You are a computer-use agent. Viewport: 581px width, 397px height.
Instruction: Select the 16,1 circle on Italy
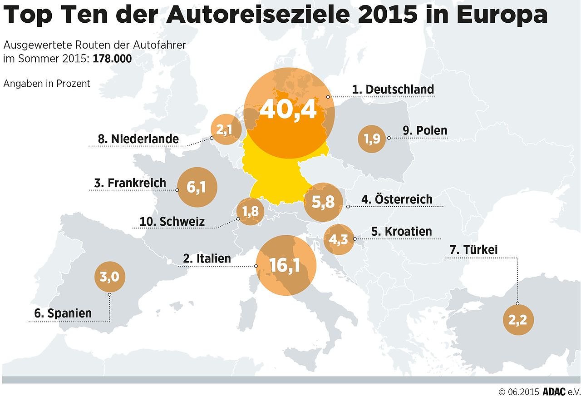coord(286,266)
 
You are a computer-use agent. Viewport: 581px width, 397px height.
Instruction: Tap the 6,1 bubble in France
coord(197,187)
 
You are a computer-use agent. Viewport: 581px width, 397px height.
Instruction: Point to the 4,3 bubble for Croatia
coord(339,239)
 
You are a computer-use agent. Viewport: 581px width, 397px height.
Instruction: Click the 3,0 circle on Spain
coord(109,276)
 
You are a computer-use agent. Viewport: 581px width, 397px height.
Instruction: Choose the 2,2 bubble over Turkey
coord(518,320)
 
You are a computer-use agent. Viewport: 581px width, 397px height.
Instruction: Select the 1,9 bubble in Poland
coord(372,139)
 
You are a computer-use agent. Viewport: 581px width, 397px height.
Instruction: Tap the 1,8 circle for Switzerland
coord(250,211)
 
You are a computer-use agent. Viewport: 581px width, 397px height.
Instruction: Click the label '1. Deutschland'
coord(393,89)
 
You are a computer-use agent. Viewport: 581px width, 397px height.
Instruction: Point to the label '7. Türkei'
coord(480,250)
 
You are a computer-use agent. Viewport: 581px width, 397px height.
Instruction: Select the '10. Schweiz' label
coord(172,222)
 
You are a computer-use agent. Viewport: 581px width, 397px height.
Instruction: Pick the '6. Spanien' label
coord(63,313)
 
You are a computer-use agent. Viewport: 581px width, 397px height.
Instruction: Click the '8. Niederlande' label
coord(138,139)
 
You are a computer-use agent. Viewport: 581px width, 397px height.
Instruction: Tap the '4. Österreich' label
coord(397,199)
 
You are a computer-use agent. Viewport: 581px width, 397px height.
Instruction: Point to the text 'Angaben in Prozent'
coord(47,84)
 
